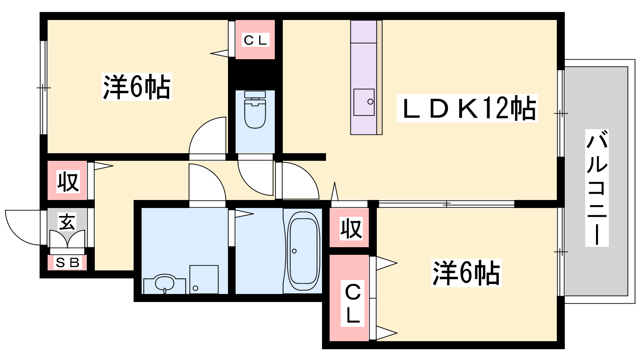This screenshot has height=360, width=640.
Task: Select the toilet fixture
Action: [255, 110]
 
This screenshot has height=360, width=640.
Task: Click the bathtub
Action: [303, 251]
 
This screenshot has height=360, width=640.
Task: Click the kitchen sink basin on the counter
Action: [364, 102]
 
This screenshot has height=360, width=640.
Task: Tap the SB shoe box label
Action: [68, 262]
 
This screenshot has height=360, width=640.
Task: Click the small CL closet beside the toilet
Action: [255, 40]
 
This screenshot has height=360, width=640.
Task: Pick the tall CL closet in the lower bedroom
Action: [349, 298]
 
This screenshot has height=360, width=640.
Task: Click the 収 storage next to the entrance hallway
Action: [68, 180]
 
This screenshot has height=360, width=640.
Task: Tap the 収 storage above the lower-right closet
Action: [349, 228]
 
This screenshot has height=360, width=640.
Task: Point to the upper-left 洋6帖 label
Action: [136, 86]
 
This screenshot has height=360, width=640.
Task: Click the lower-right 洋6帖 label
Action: [466, 273]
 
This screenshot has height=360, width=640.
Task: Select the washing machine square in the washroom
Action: [204, 280]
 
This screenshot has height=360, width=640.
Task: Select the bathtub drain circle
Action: [294, 251]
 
